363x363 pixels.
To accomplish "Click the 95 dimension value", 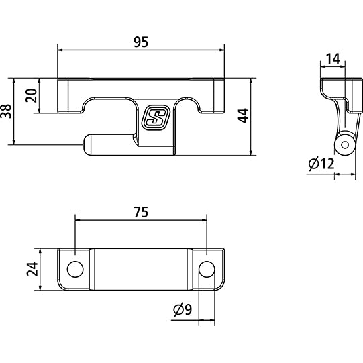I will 140,42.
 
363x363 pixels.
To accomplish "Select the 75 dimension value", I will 140,212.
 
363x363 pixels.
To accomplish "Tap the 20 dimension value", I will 30,95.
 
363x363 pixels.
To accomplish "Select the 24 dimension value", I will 30,270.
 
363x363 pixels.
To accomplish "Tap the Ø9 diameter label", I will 182,310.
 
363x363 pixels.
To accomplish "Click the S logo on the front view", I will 156,118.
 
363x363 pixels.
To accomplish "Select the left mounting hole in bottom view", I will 75,268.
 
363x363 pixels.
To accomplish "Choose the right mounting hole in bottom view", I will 207,268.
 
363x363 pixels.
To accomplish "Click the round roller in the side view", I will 345,145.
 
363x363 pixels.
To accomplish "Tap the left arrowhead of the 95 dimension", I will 61,49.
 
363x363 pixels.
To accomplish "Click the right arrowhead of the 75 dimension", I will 204,219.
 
